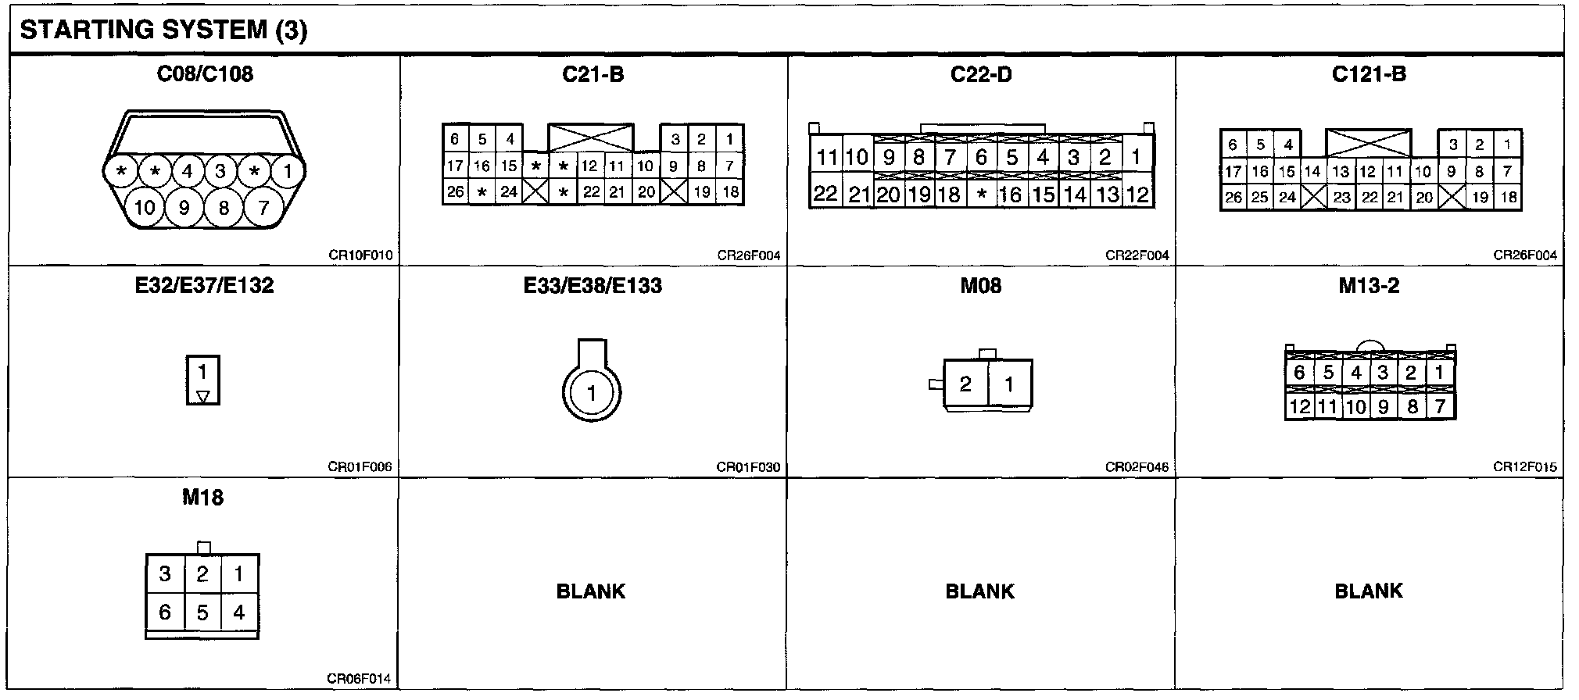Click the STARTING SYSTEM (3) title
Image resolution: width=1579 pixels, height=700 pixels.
(x=163, y=30)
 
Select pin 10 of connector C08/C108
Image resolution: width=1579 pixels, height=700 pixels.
(x=145, y=207)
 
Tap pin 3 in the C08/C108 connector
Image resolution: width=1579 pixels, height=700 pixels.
(x=220, y=171)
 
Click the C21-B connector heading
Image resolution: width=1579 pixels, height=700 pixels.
(x=593, y=74)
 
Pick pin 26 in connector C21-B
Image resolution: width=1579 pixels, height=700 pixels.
(x=455, y=191)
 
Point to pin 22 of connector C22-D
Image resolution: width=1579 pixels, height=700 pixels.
(x=825, y=194)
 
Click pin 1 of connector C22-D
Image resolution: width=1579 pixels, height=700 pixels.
(x=1136, y=156)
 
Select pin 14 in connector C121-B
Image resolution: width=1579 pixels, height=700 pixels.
(x=1312, y=171)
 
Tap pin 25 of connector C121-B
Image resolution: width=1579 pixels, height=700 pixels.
(x=1259, y=198)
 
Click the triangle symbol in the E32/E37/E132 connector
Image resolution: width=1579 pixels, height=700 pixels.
(x=203, y=396)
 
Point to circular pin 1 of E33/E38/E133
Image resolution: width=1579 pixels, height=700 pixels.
(x=592, y=393)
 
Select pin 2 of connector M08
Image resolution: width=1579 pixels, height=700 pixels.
(x=965, y=384)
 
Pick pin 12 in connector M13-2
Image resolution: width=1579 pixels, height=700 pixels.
(x=1299, y=406)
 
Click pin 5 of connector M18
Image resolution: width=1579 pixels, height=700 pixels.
(x=202, y=612)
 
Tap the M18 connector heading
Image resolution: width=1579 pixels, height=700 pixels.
(x=202, y=497)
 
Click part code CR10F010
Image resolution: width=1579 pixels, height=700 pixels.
(x=360, y=255)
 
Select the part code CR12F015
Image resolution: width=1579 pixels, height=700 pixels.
(x=1524, y=467)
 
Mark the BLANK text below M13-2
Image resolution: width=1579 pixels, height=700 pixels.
(x=1368, y=591)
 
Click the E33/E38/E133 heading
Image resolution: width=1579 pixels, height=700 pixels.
(x=592, y=286)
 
